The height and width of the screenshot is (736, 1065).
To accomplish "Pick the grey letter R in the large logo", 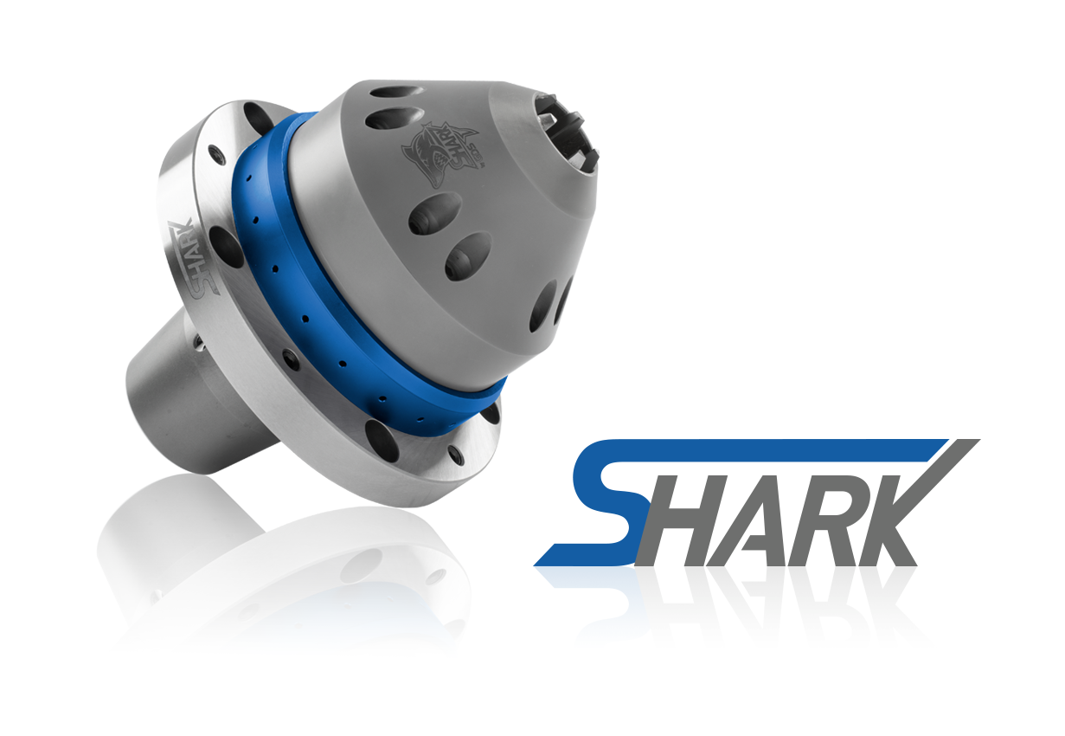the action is click(823, 532).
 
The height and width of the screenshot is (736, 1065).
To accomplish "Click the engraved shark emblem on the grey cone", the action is click(440, 152).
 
